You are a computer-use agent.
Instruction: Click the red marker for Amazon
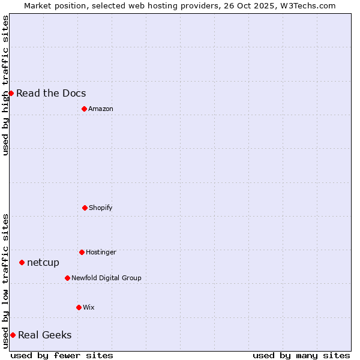(x=84, y=109)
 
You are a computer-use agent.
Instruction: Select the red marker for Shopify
(x=85, y=208)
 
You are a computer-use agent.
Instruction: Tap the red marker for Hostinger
(x=82, y=252)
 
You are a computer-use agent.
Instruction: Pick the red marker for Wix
(x=79, y=307)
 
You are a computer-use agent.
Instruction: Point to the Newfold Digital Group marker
(x=67, y=278)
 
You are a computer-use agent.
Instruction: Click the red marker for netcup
(x=22, y=262)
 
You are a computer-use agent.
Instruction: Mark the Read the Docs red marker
(x=11, y=93)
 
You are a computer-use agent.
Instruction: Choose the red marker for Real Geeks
(x=13, y=335)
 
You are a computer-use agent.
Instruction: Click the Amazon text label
(x=101, y=109)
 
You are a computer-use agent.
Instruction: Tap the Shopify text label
(x=101, y=208)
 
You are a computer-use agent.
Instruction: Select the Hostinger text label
(x=101, y=252)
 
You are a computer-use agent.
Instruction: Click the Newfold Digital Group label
(x=106, y=278)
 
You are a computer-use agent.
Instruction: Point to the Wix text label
(x=89, y=307)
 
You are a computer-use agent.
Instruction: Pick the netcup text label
(x=43, y=262)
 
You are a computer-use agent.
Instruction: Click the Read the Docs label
(x=51, y=93)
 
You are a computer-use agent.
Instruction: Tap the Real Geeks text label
(x=45, y=335)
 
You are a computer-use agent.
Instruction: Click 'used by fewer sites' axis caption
(x=62, y=355)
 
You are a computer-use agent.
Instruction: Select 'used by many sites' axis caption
(x=301, y=355)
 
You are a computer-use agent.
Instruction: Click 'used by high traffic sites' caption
(x=5, y=85)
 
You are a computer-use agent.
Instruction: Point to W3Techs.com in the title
(x=306, y=5)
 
